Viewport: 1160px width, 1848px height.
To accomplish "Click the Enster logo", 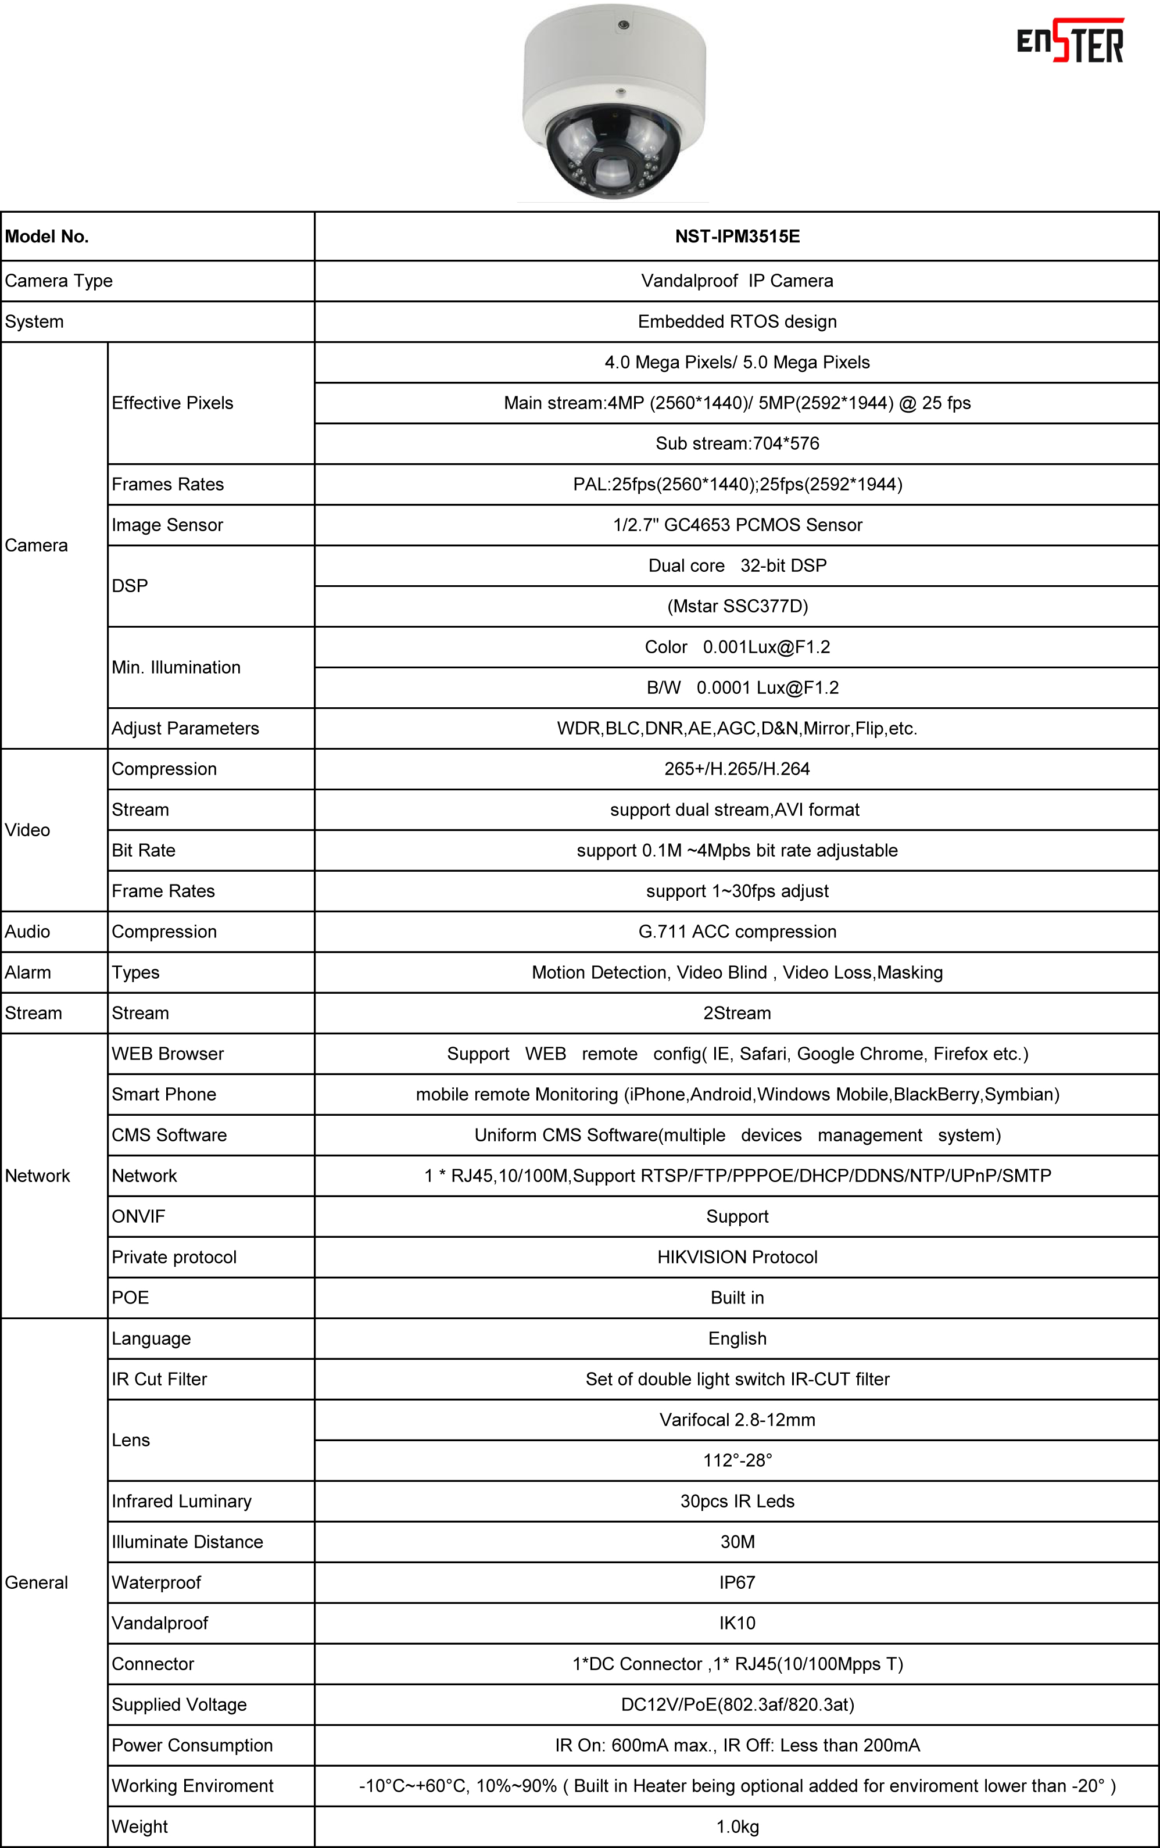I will [x=1071, y=42].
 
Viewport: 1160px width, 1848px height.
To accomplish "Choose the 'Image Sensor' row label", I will [x=167, y=525].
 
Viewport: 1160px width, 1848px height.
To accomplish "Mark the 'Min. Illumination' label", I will [x=176, y=667].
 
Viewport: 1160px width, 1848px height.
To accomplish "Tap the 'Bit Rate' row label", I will [x=144, y=850].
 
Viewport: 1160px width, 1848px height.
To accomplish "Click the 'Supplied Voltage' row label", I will [x=179, y=1704].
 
